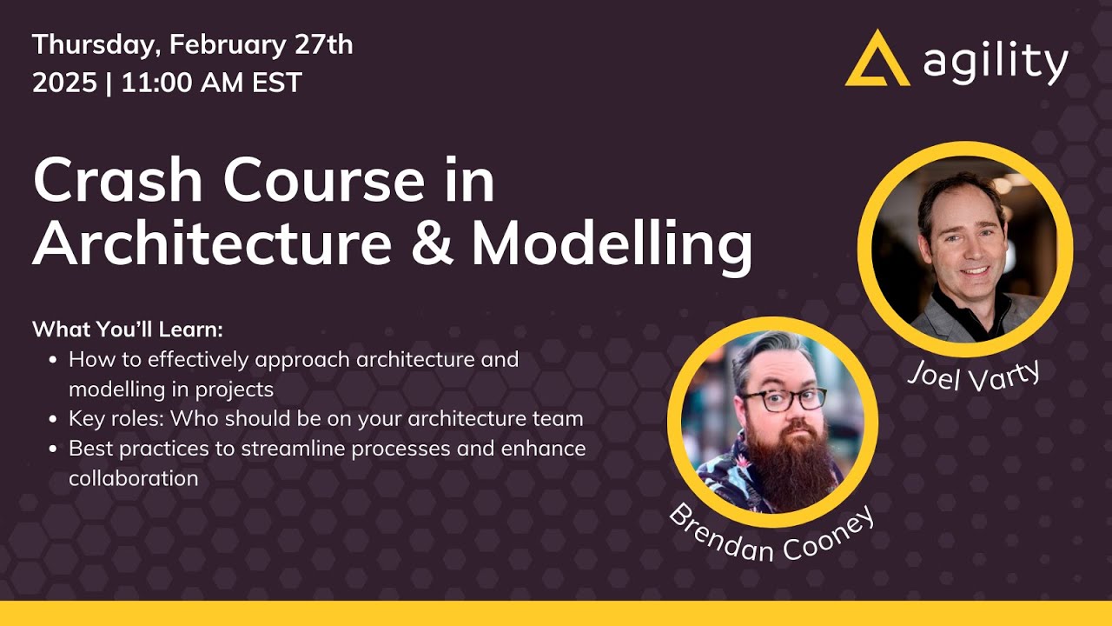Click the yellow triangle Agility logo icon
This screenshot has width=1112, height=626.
tap(877, 61)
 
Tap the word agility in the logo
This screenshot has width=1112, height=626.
tap(996, 63)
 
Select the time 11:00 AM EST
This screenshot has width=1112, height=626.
tap(211, 83)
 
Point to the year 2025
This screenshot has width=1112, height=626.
tap(63, 83)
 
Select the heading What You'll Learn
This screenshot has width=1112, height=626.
tap(128, 330)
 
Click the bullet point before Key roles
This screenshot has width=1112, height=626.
tap(54, 419)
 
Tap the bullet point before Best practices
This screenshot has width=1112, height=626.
tap(54, 450)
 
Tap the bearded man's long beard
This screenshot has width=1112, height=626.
tap(782, 461)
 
